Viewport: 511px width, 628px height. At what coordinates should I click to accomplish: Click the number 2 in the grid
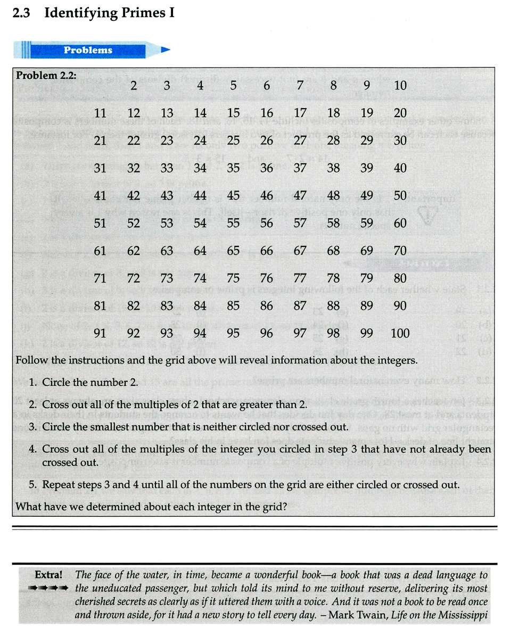(134, 86)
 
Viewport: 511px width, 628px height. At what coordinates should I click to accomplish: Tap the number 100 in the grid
(400, 334)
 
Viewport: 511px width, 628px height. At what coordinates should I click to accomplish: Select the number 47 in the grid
(300, 196)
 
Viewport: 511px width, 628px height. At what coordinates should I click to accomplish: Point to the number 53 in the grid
(167, 224)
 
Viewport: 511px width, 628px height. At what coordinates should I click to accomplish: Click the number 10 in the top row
(400, 86)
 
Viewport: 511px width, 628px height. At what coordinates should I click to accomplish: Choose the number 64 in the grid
(200, 251)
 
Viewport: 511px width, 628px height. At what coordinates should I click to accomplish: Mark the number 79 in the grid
(367, 278)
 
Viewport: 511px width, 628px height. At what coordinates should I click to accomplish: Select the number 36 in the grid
(267, 168)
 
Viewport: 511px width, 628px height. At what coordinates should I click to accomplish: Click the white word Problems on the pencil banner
(88, 50)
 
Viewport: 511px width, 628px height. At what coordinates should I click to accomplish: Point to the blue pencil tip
(165, 50)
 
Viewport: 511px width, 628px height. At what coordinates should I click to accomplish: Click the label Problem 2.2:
(46, 75)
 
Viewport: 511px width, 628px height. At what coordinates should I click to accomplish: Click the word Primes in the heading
(143, 13)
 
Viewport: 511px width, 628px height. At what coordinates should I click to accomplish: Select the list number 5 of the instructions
(32, 485)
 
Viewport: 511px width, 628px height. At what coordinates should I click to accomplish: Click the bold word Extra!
(48, 575)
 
